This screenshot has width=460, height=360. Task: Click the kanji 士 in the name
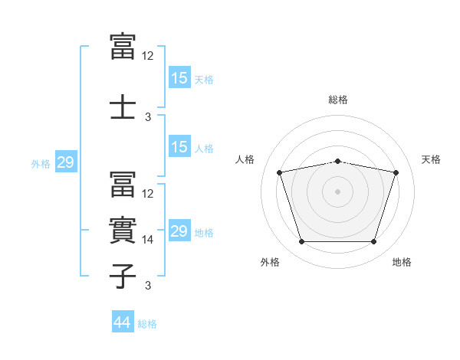[123, 106]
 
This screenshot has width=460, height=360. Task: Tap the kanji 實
[123, 230]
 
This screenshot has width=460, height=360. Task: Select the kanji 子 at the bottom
[123, 276]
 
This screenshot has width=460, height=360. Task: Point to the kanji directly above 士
[123, 46]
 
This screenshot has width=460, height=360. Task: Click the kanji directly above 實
[123, 184]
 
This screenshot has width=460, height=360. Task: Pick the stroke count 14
[147, 240]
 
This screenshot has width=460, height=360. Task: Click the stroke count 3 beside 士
[148, 117]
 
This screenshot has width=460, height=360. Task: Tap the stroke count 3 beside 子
[148, 285]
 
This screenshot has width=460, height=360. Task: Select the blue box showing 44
[123, 321]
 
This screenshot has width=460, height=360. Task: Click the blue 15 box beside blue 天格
[180, 77]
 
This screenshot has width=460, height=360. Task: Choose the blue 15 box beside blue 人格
[180, 146]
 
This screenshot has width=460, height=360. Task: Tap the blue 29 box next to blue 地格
[180, 230]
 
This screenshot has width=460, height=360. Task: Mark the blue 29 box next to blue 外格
[66, 162]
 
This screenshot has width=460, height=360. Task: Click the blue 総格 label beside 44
[147, 324]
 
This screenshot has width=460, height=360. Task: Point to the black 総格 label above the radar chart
[338, 100]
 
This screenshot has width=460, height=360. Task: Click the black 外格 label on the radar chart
[270, 262]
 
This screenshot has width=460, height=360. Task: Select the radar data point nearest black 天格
[396, 172]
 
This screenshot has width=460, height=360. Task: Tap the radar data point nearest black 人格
[280, 172]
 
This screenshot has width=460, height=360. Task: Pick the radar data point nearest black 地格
[374, 242]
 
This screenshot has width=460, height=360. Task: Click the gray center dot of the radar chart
[337, 191]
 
